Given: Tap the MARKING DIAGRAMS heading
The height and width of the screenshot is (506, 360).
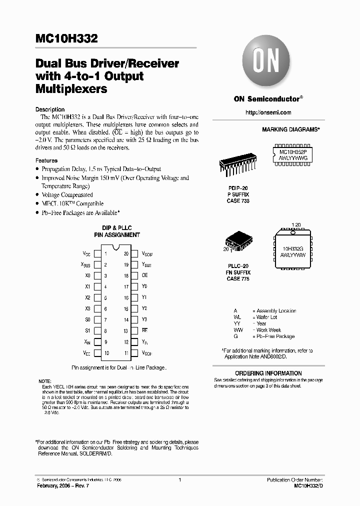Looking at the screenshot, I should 290,129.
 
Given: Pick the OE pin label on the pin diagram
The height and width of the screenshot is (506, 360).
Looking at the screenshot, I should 145,275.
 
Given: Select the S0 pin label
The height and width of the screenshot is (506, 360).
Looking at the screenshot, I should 88,319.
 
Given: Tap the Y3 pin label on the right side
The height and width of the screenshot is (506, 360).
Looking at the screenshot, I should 144,319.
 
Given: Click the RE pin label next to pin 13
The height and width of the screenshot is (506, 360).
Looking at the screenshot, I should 145,330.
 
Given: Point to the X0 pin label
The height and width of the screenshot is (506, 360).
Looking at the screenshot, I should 88,275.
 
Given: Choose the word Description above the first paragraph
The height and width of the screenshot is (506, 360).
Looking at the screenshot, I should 50,109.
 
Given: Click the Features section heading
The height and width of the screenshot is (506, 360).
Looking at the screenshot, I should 46,161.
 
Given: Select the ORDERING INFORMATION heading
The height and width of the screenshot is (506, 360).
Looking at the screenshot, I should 268,373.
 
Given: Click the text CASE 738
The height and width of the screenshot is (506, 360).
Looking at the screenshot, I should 238,201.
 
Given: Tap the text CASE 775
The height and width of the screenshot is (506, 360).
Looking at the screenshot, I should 238,279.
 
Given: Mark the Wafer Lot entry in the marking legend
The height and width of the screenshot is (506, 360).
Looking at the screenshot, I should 266,317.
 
